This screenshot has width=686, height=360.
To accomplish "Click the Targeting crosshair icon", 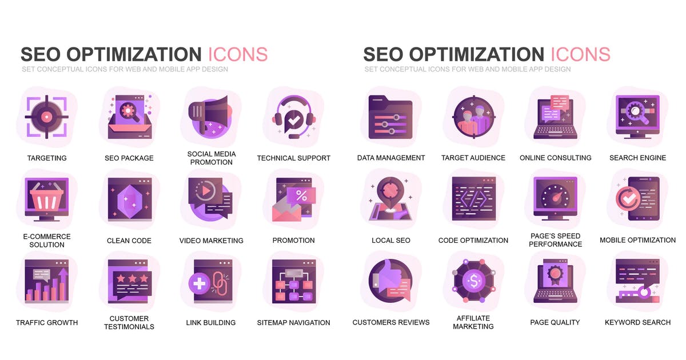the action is coord(46,117).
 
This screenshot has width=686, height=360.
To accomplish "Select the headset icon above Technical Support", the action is coord(294,117).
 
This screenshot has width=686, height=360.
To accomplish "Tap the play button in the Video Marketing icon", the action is coord(206,191).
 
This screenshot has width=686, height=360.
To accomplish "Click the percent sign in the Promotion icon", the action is coord(301,195).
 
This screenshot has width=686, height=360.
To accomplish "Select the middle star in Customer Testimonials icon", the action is coord(132,278).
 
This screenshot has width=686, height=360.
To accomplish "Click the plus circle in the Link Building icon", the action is coord(199,283).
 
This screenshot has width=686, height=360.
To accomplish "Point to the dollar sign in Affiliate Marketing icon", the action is coord(474,281).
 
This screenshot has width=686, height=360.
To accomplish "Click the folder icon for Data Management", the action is coord(390,117).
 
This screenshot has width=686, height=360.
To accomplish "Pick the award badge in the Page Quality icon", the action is coord(555,274).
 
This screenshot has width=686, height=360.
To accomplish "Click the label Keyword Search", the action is coord(637,322).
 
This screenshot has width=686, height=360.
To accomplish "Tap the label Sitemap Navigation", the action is coord(293,323).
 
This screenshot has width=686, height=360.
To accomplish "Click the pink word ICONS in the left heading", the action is coord(238,54).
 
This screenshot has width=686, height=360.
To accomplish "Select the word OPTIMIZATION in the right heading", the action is coord(477,54).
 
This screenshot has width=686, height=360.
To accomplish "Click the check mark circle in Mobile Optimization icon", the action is coord(627,199).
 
